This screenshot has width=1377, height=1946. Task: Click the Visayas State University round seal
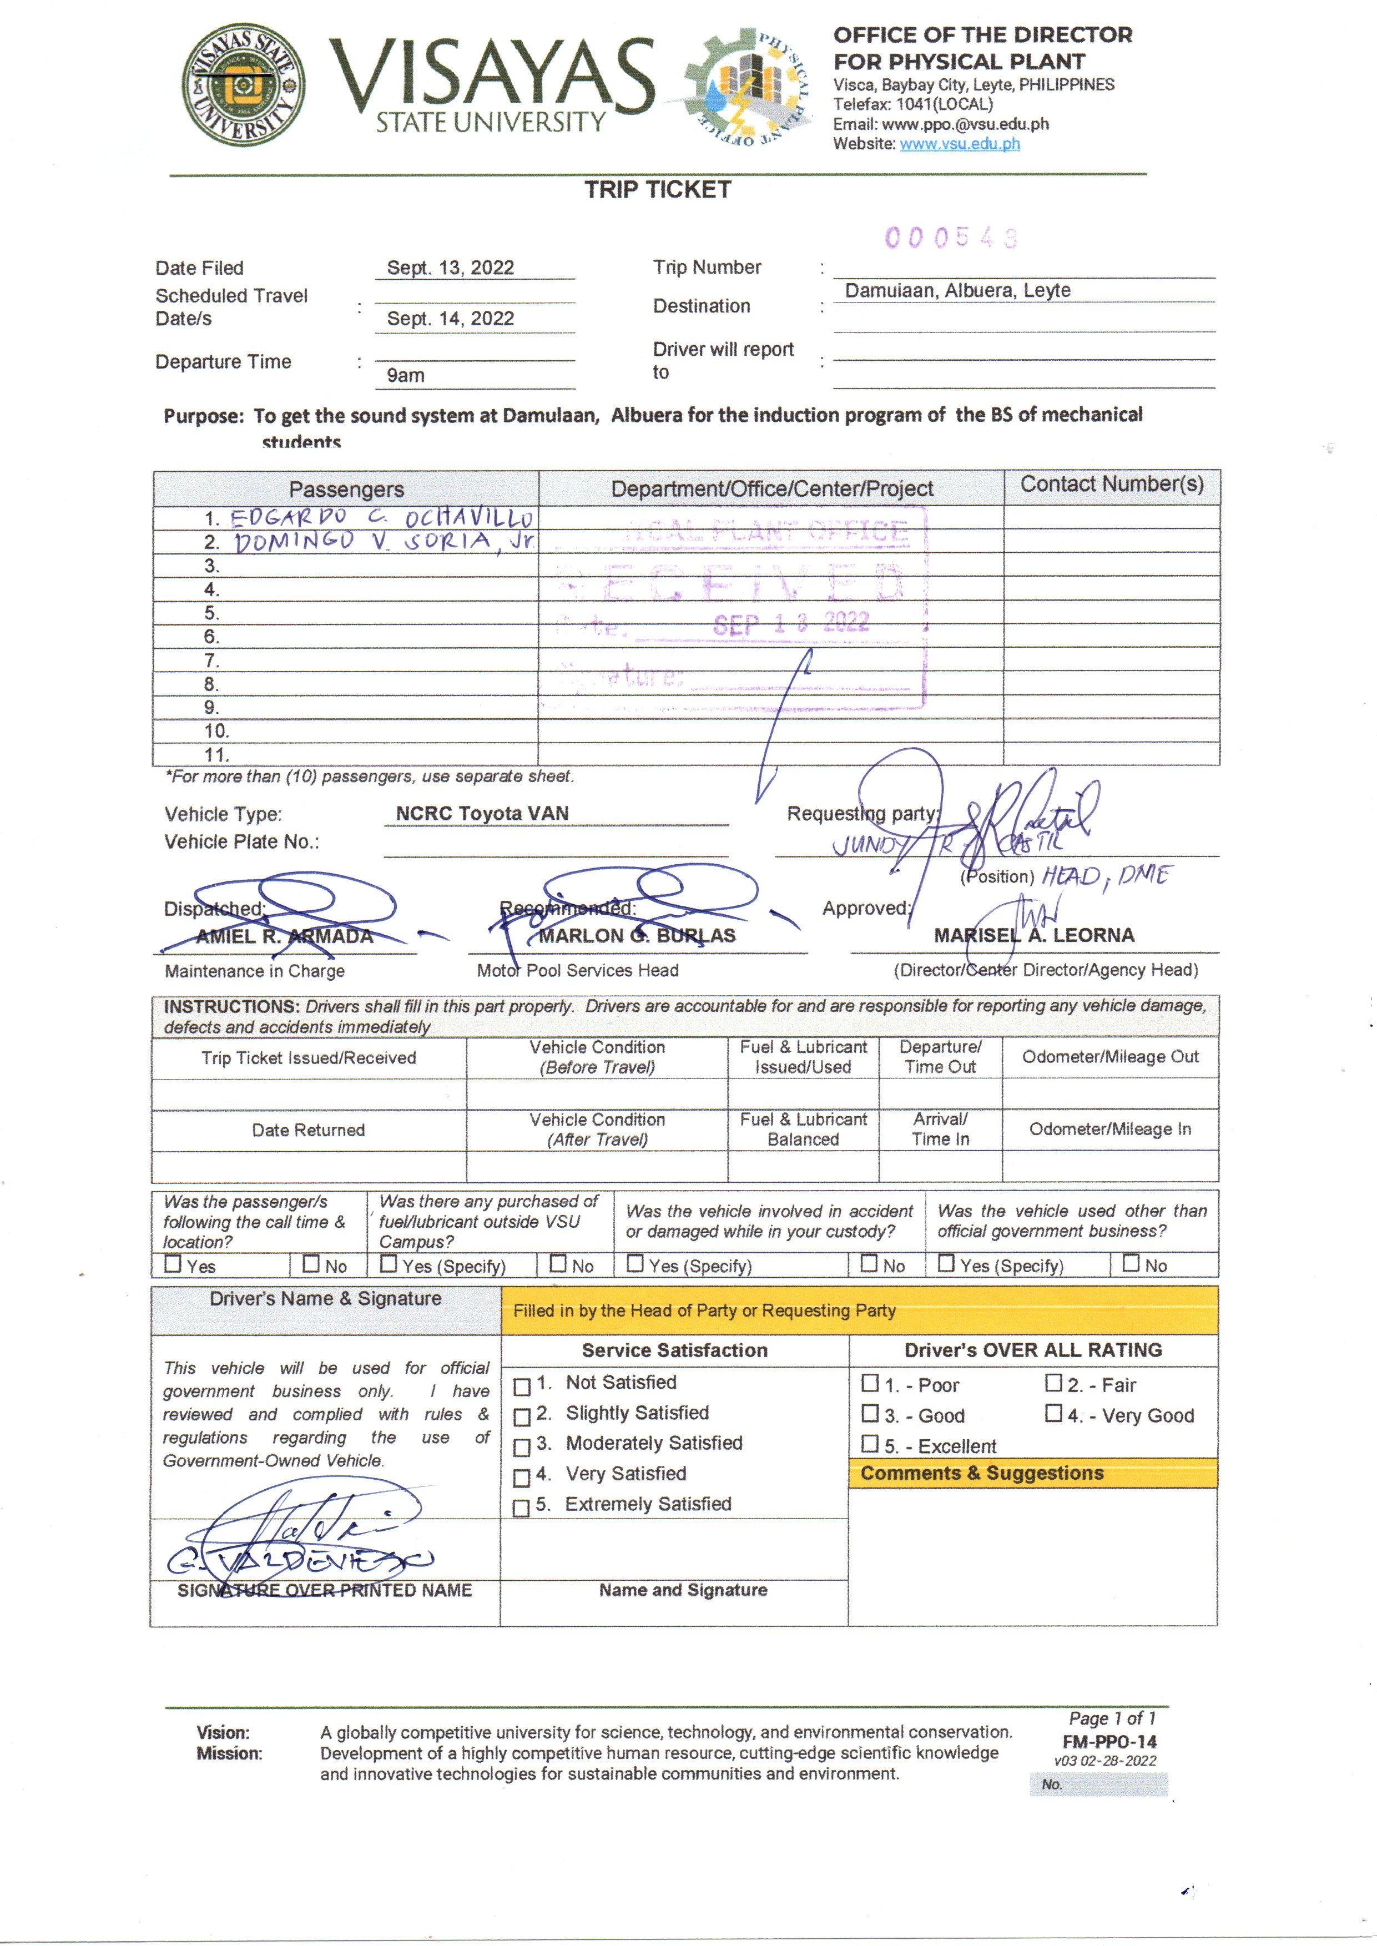click(x=243, y=85)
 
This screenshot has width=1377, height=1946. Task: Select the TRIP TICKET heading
click(x=657, y=190)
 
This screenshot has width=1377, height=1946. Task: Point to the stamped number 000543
click(x=950, y=238)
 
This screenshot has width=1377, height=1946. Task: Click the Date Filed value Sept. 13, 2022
click(x=450, y=268)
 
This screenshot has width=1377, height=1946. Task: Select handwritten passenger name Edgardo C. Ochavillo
click(x=381, y=517)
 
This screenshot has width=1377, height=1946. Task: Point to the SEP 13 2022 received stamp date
click(x=790, y=624)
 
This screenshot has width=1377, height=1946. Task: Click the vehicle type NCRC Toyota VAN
click(x=482, y=813)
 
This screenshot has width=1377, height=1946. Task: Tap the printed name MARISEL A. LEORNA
click(x=1033, y=935)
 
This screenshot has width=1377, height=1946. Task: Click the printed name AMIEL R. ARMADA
click(x=284, y=936)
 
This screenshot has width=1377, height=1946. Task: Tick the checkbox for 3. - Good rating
click(x=869, y=1414)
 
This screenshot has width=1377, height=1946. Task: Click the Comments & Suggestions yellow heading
click(x=981, y=1473)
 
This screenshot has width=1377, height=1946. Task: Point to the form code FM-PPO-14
click(x=1109, y=1742)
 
